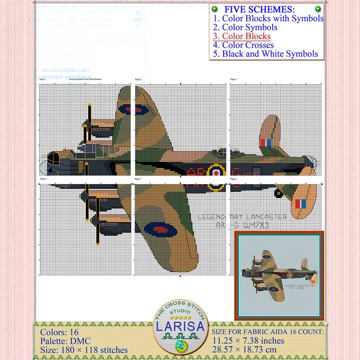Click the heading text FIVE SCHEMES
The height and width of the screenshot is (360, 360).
(260, 9)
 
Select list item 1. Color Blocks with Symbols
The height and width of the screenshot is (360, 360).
(268, 18)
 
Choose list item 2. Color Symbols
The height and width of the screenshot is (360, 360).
(245, 27)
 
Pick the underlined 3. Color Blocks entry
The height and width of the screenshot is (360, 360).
(242, 36)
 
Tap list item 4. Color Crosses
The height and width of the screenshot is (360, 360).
(243, 45)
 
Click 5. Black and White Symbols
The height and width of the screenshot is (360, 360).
(265, 54)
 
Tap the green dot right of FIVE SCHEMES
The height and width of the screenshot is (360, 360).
(318, 9)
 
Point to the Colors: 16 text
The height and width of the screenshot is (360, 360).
(59, 333)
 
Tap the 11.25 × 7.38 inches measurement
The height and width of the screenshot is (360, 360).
(248, 341)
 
